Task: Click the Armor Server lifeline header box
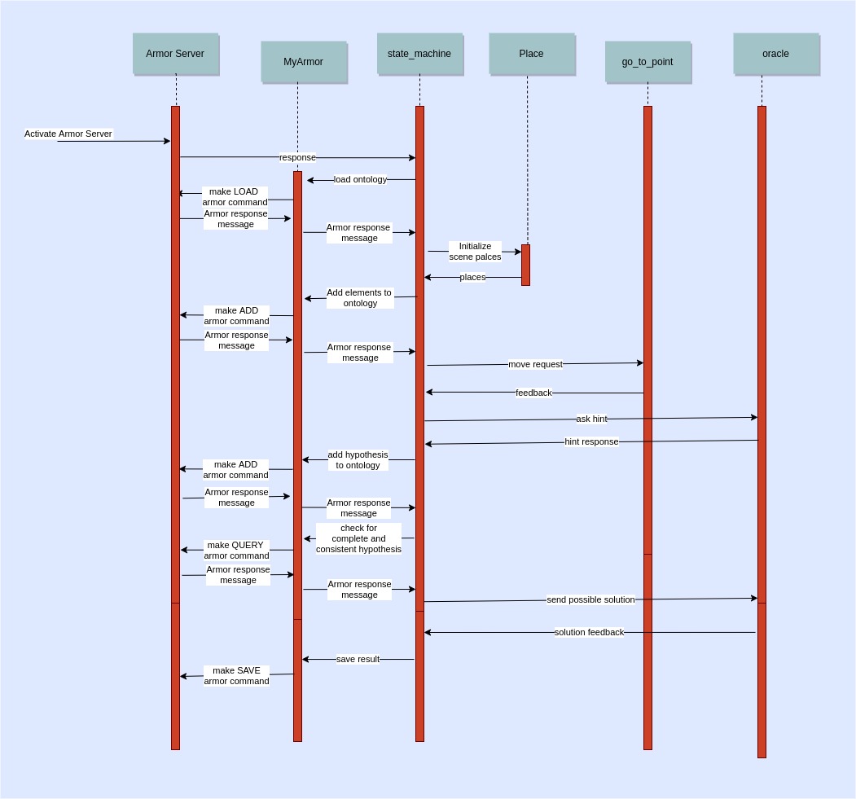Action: tap(175, 54)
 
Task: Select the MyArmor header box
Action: tap(303, 62)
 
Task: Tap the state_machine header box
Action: tap(419, 54)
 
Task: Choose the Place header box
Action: tap(531, 54)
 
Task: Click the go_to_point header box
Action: tap(647, 62)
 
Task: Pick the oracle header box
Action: tap(775, 54)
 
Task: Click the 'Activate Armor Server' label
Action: tap(68, 134)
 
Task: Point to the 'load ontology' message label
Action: tap(360, 179)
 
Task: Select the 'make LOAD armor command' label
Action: tap(235, 197)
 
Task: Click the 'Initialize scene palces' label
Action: tap(475, 251)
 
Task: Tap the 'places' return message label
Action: tap(472, 277)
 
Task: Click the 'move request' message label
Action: tap(535, 364)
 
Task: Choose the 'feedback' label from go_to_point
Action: tap(533, 393)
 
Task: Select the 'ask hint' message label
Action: tap(591, 419)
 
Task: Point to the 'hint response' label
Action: tap(591, 441)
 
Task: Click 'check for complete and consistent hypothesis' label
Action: tap(358, 538)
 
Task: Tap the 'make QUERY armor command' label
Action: tap(236, 551)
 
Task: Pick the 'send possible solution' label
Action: tap(590, 599)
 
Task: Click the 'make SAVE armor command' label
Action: tap(236, 676)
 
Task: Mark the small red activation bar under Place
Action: tap(525, 265)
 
